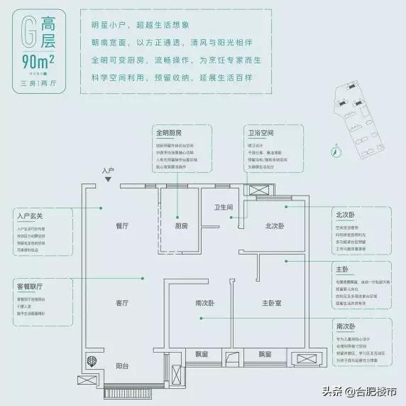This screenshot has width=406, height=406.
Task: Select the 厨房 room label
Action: pyautogui.click(x=181, y=225)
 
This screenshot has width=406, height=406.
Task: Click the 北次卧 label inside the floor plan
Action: pyautogui.click(x=275, y=225)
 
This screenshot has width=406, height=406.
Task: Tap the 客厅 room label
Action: pyautogui.click(x=121, y=302)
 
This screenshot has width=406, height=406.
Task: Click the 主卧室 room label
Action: pyautogui.click(x=272, y=303)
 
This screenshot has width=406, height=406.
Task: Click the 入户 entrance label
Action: pyautogui.click(x=108, y=171)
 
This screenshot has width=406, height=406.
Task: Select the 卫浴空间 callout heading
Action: pyautogui.click(x=262, y=133)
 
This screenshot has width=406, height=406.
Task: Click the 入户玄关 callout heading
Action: pyautogui.click(x=28, y=216)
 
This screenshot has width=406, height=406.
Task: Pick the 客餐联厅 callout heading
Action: pyautogui.click(x=29, y=286)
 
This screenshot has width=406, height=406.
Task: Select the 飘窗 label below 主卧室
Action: pyautogui.click(x=265, y=354)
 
